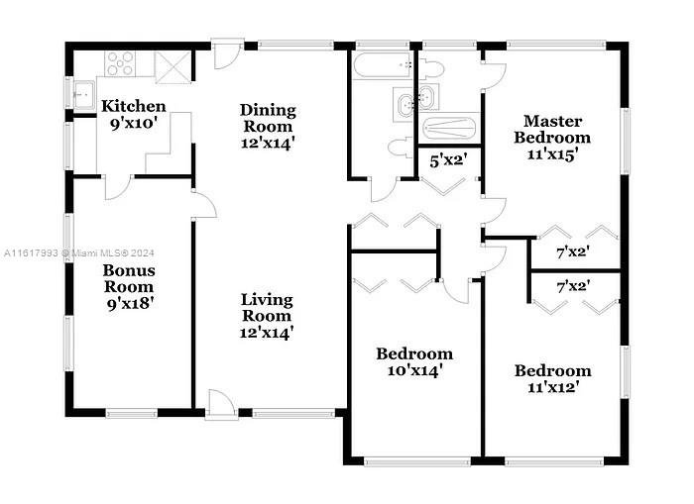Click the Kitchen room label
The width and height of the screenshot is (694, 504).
(133, 106)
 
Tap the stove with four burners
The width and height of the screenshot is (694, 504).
(120, 63)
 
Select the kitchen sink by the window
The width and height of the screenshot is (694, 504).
(84, 95)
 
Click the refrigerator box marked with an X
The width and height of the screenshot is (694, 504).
(173, 67)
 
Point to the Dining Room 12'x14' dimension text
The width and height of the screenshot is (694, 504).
(268, 144)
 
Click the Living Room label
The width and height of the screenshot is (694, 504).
(267, 308)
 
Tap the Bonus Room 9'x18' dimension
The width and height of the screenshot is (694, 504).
(130, 304)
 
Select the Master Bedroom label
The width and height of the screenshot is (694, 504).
(552, 129)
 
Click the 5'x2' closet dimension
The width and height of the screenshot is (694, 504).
(449, 160)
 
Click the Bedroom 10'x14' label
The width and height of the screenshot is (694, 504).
(414, 362)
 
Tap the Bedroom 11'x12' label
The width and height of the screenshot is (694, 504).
(553, 379)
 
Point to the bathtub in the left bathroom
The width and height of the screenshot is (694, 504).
(383, 65)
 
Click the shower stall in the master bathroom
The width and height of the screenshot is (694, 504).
(449, 128)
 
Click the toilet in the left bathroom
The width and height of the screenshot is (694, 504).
(401, 148)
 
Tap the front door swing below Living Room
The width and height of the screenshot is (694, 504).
(221, 402)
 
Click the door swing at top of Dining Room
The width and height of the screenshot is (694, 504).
(227, 55)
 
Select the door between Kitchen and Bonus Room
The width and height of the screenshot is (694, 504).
(118, 187)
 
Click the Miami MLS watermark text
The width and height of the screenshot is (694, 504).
(78, 252)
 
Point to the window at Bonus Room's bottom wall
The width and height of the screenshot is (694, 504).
(132, 413)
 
